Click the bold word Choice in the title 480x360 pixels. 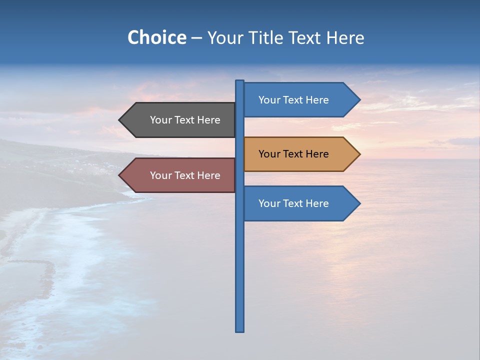coord(156,37)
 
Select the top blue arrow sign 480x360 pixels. coord(300,100)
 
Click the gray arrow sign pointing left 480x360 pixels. coord(180,120)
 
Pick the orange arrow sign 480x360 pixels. coord(300,154)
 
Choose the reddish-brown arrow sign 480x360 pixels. coord(180,175)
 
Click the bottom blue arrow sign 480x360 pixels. coord(300,203)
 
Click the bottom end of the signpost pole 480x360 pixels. coord(240,330)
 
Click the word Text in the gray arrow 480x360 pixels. coord(185,120)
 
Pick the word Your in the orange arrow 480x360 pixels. coord(269,154)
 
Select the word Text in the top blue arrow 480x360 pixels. coord(293,100)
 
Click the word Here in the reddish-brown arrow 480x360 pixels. coord(208,175)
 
